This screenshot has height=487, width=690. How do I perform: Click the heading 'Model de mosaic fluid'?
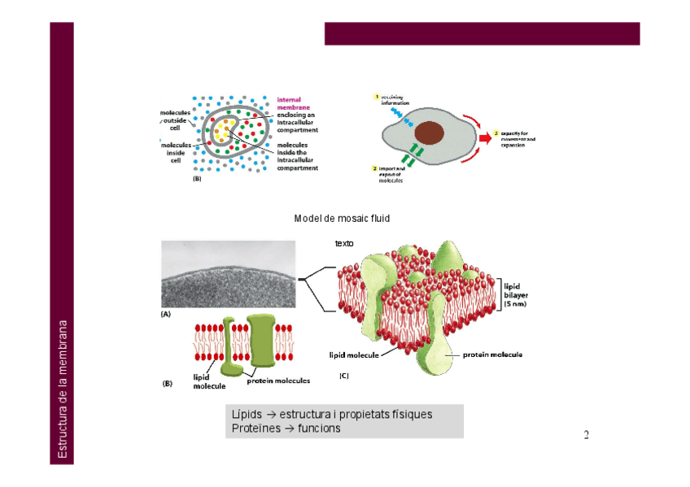pos(342,219)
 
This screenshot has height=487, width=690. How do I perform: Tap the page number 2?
pos(586,435)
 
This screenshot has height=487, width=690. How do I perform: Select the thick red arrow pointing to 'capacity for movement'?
pos(483,138)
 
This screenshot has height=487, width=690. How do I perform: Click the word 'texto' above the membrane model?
pos(344,243)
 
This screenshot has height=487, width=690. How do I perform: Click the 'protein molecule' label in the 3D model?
pos(492,354)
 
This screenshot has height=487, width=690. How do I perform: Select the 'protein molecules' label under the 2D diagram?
pos(278,380)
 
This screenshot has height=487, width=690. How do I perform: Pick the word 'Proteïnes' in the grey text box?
pos(253,428)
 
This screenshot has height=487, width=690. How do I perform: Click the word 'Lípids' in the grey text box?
pos(247,415)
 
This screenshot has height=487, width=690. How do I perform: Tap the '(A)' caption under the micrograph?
pos(166,313)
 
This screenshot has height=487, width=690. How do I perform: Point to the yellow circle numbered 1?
pos(376,98)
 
